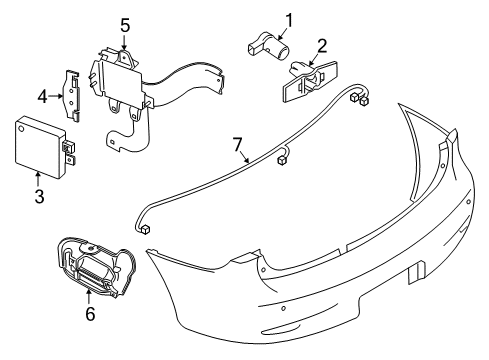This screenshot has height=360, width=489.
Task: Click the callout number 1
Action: tap(290, 19)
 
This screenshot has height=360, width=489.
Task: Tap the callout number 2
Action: tap(322, 45)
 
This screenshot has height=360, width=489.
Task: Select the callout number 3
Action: tap(39, 197)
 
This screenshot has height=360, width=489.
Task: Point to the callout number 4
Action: tap(42, 97)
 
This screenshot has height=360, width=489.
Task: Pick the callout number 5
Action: tap(125, 23)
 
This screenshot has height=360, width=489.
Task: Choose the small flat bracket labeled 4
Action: tap(74, 91)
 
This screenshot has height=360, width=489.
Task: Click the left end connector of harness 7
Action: tap(146, 228)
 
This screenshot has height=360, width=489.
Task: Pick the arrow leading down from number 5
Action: tap(125, 40)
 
